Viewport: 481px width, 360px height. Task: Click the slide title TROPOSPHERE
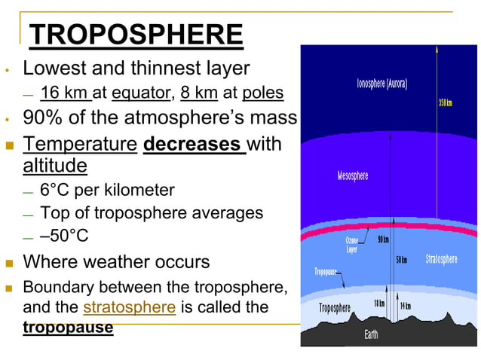[136, 35]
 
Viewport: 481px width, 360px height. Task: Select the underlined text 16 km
[65, 93]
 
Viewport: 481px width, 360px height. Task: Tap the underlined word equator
[140, 93]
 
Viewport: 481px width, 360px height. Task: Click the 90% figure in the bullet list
[44, 118]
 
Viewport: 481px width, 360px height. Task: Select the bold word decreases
[194, 143]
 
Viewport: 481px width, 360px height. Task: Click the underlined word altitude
[55, 165]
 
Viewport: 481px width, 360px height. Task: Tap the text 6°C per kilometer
[107, 190]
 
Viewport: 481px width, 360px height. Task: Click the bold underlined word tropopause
[68, 328]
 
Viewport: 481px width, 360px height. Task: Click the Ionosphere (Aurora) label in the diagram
[382, 84]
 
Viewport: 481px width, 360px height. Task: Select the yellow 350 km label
[445, 102]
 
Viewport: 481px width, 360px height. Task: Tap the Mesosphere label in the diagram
[353, 175]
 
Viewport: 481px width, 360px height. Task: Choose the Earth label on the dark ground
[372, 334]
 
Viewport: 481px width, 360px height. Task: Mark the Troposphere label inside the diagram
[334, 307]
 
